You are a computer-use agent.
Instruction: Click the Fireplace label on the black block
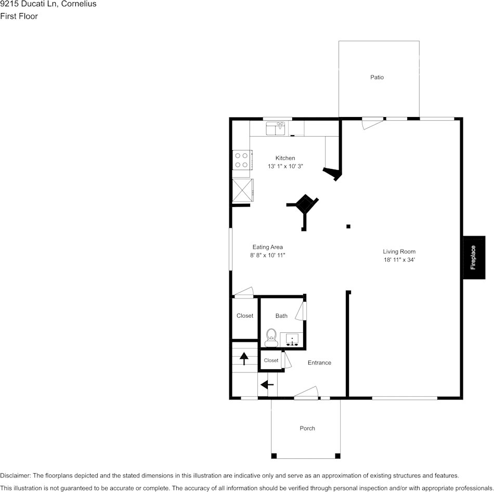(x=473, y=257)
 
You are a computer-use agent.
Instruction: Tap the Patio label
(x=377, y=77)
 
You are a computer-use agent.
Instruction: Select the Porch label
(x=307, y=429)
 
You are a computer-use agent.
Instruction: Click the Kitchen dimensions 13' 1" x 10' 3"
(x=285, y=166)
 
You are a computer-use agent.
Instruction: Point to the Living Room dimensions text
(x=399, y=260)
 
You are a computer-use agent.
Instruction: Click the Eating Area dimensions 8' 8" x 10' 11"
(x=267, y=255)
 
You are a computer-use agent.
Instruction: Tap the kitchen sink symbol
(x=276, y=128)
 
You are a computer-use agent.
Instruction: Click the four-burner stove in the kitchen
(x=242, y=160)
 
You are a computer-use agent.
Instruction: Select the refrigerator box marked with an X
(x=243, y=190)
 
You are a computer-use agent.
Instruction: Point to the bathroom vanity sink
(x=292, y=340)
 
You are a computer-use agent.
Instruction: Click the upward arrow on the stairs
(x=244, y=359)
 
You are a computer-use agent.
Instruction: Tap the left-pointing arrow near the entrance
(x=267, y=384)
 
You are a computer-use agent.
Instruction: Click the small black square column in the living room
(x=348, y=226)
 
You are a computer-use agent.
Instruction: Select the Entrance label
(x=319, y=363)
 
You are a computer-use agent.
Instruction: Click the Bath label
(x=281, y=316)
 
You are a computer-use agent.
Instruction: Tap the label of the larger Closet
(x=245, y=316)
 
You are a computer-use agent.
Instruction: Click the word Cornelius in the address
(x=79, y=4)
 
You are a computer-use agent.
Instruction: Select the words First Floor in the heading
(x=19, y=16)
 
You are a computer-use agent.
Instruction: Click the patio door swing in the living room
(x=373, y=123)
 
